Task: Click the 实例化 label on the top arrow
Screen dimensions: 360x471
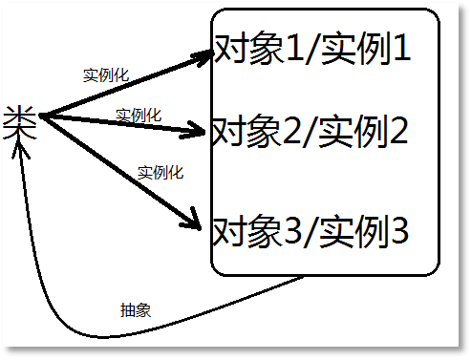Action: click(x=106, y=74)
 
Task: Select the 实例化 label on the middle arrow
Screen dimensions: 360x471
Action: click(x=138, y=115)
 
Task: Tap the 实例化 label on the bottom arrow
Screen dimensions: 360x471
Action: click(x=161, y=173)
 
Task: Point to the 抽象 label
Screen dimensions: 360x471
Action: click(x=135, y=310)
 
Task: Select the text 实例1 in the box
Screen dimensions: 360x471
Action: click(x=366, y=50)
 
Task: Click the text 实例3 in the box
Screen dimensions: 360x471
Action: click(x=364, y=231)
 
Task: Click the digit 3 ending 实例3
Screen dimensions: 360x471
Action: click(x=398, y=231)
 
